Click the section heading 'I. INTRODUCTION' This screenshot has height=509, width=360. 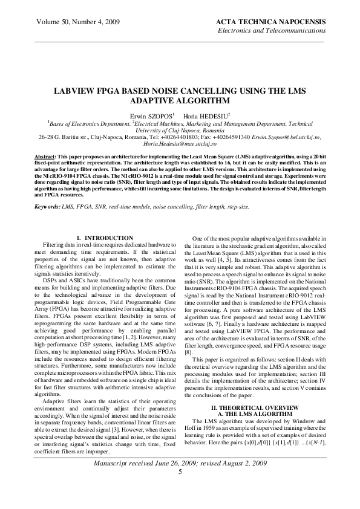click(106, 239)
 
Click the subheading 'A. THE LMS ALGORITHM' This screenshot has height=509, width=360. click(255, 414)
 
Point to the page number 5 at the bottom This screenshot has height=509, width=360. click(180, 488)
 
